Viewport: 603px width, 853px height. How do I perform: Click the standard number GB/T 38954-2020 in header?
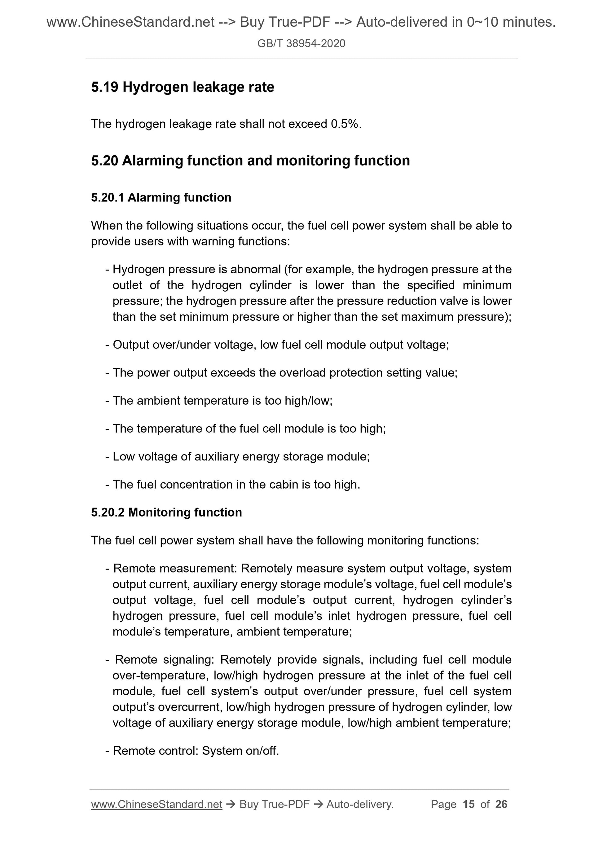coord(301,43)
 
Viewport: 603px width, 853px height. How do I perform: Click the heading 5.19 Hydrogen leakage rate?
coord(183,87)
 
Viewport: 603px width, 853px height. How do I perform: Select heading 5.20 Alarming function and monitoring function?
coord(250,160)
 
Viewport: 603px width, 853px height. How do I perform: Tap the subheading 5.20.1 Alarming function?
coord(161,197)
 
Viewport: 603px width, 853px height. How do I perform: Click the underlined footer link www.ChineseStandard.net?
coord(156,804)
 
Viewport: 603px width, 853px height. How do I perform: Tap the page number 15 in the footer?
coord(469,804)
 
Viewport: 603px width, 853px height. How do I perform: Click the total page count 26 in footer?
coord(501,804)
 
